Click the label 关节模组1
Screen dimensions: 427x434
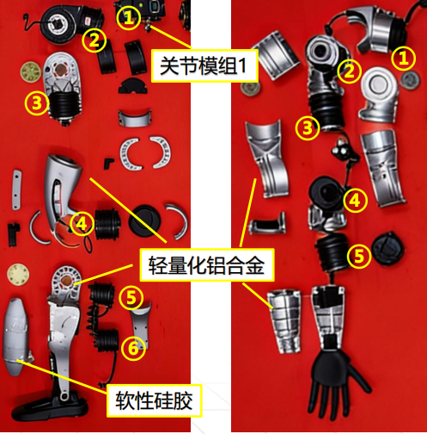[204, 65]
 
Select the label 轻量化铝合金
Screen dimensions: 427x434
[206, 265]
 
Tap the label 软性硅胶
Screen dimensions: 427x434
[154, 400]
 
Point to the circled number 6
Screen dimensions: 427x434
[133, 348]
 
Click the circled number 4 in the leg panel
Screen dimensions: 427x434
[82, 223]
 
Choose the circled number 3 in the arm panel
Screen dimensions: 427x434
[308, 127]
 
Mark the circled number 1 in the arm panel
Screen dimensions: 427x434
[403, 59]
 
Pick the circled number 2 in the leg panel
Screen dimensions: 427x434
[94, 40]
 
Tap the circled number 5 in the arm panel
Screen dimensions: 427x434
[359, 256]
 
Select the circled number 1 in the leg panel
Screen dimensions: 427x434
[129, 18]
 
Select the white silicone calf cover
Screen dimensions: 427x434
[15, 337]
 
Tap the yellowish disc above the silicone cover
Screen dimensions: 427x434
[18, 275]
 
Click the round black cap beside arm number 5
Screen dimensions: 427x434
[387, 248]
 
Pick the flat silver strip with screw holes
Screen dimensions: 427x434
[16, 189]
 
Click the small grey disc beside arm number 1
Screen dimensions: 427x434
[411, 80]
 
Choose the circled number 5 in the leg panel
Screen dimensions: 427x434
[131, 298]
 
